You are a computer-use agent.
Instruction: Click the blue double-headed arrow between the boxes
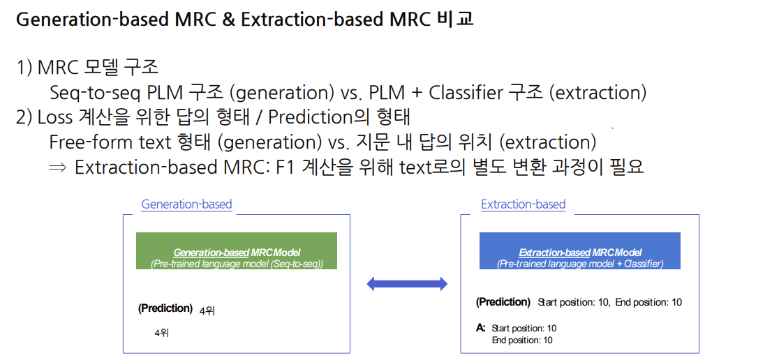pos(407,283)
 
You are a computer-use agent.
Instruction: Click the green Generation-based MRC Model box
pos(237,250)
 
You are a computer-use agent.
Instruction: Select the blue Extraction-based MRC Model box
pos(580,250)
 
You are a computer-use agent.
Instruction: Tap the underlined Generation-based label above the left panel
pos(186,204)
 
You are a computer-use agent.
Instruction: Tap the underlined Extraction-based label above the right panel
pos(523,204)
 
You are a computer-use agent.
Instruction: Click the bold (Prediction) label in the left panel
pos(165,308)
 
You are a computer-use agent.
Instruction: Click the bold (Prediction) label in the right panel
pos(503,301)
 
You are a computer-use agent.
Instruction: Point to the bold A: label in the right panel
pos(480,327)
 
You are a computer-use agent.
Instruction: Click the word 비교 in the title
pos(455,19)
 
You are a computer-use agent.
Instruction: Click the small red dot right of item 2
pos(613,128)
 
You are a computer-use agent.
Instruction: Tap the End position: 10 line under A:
pos(521,340)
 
